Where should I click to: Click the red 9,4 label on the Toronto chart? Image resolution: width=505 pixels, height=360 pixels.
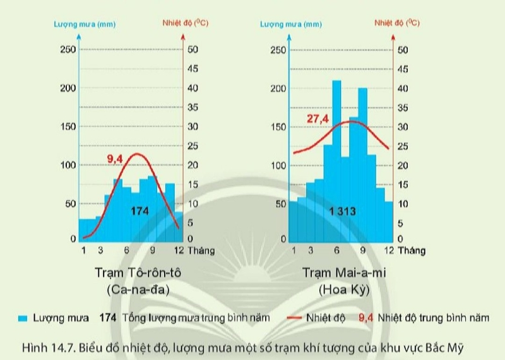114,159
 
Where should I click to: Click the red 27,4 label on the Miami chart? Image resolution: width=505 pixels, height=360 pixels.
318,119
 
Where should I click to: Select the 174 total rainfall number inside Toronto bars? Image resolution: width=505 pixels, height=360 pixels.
140,211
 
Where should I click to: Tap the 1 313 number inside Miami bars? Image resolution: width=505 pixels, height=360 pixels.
342,211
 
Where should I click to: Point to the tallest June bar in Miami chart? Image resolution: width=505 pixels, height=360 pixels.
336,158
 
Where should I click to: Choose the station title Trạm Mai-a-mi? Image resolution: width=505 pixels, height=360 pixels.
343,273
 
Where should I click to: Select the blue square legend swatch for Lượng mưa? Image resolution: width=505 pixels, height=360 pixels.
23,318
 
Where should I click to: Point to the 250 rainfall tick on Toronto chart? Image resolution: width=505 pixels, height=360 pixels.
68,50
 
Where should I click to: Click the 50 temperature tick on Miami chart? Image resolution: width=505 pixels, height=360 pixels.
403,50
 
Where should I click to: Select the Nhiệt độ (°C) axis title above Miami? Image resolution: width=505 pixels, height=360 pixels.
397,23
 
